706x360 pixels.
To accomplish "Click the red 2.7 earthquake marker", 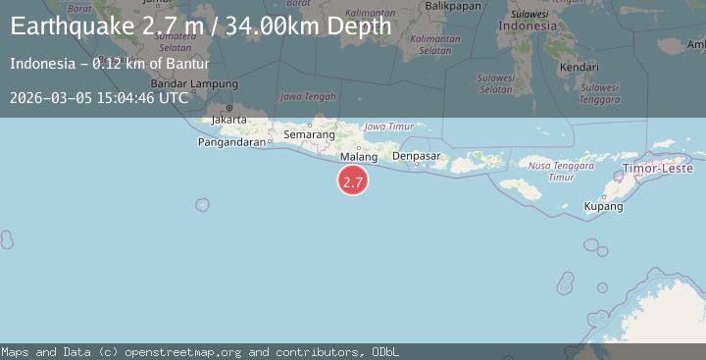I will pyautogui.click(x=353, y=181).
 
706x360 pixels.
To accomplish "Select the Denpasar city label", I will pyautogui.click(x=416, y=156).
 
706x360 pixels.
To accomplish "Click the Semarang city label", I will pyautogui.click(x=309, y=134).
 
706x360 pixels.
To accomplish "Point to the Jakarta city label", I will pyautogui.click(x=228, y=120).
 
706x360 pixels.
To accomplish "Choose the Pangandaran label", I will pyautogui.click(x=233, y=141).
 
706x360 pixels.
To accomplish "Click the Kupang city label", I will pyautogui.click(x=603, y=207).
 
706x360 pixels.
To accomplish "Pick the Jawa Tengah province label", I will pyautogui.click(x=308, y=96).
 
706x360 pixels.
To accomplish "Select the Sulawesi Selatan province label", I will pyautogui.click(x=495, y=83).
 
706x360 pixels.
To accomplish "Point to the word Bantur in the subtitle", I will pyautogui.click(x=185, y=65).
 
